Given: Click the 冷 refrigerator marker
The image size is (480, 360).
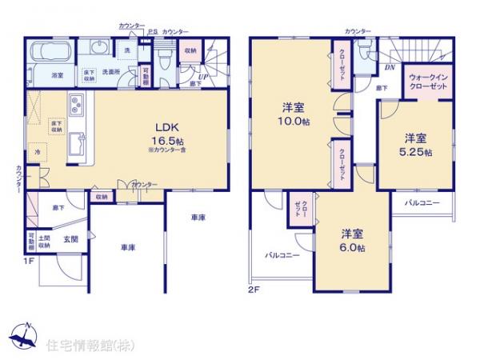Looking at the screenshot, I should pos(38,151).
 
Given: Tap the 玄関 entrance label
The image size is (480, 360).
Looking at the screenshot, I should pos(70,238).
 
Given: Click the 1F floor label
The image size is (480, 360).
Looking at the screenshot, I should pos(28,260).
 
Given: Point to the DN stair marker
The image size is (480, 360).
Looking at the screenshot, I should pos(390,68).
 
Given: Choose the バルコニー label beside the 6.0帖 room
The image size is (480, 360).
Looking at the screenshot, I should pos(283,256).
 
